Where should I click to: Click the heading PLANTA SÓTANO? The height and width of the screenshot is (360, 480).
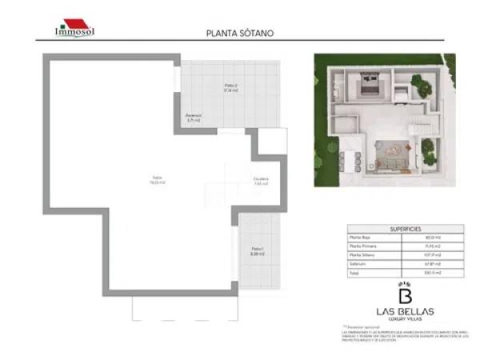click(240, 34)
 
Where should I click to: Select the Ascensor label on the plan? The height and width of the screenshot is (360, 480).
click(194, 118)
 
